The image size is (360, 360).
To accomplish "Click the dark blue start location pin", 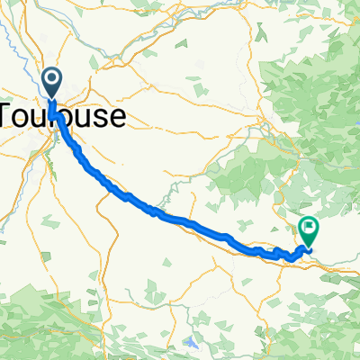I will point(51,83).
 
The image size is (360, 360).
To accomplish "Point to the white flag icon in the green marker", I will point(309,227).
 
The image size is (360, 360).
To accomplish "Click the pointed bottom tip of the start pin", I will point(51,98).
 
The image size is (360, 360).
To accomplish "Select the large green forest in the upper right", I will point(315,108).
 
